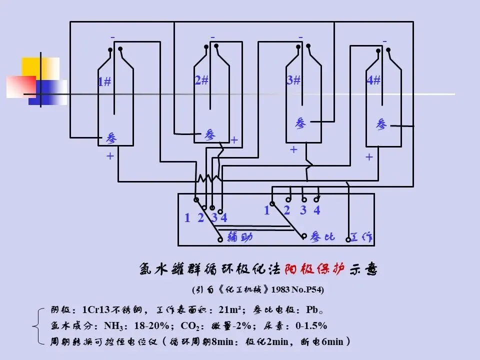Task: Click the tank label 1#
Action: coord(104,82)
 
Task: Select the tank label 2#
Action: coord(201,80)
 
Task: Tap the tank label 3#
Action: coord(293,80)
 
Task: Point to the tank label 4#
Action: coord(373,80)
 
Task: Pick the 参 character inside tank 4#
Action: coord(381,124)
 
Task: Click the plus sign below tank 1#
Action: coord(110,156)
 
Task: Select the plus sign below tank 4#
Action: coord(369,157)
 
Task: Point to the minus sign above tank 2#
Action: coord(212,37)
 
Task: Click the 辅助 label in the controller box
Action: coord(239,237)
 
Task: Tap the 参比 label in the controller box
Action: coord(322,237)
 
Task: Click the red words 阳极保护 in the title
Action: coord(314,270)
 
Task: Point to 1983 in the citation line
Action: coord(280,289)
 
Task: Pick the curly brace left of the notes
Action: coord(38,326)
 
